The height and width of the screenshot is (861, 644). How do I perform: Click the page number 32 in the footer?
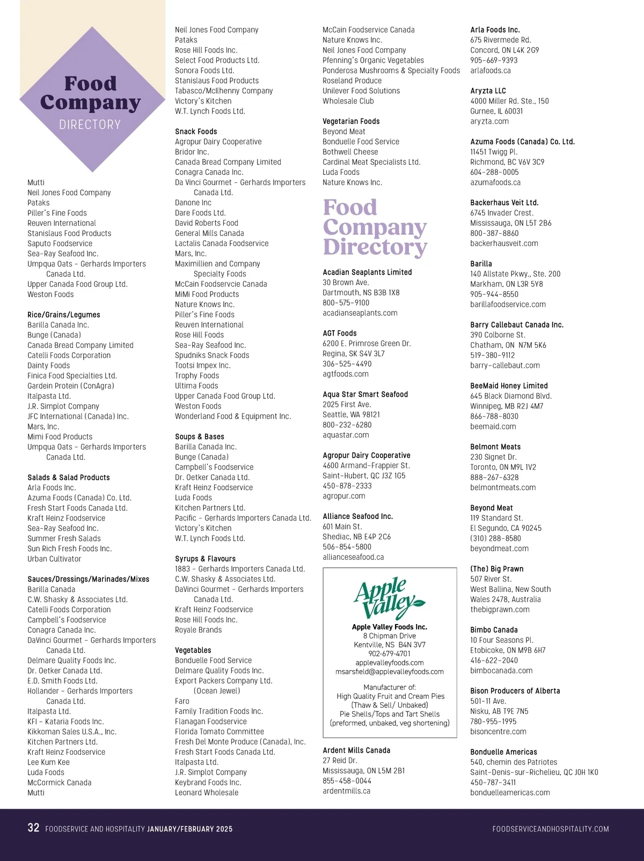33,828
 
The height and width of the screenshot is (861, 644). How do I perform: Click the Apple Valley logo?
389,598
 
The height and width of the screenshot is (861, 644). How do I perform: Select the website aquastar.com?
346,435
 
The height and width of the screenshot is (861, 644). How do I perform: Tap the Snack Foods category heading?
196,131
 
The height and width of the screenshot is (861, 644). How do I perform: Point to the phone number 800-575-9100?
346,303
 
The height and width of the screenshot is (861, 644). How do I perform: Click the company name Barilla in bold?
481,264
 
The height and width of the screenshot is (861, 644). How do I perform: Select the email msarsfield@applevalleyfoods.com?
390,671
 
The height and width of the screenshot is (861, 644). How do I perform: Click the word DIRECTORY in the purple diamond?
90,124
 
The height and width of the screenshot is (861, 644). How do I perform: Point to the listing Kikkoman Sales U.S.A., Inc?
72,732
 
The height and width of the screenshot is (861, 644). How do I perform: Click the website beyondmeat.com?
499,548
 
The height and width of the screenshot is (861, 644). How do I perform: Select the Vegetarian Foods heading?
351,121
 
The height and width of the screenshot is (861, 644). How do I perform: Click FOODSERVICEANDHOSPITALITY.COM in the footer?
551,829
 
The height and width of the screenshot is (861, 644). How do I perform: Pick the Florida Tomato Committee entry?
219,732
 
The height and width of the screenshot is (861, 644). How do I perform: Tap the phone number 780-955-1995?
493,722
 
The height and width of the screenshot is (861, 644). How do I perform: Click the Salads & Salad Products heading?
69,477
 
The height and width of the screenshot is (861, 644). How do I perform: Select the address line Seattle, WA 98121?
351,414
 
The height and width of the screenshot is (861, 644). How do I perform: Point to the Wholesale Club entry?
348,101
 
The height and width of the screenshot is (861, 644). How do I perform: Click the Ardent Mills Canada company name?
356,750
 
